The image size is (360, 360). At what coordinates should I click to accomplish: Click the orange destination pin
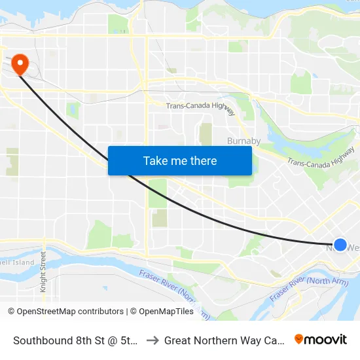click(21, 63)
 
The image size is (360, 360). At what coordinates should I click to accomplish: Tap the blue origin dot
click(340, 245)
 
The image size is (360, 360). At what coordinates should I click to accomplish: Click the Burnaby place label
click(243, 141)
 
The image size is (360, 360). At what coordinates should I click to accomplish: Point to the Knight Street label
click(43, 272)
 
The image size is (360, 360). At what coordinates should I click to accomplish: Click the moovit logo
click(321, 339)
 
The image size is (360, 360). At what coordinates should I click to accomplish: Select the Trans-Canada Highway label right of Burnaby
click(321, 156)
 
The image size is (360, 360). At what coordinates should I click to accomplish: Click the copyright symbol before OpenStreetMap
click(12, 312)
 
